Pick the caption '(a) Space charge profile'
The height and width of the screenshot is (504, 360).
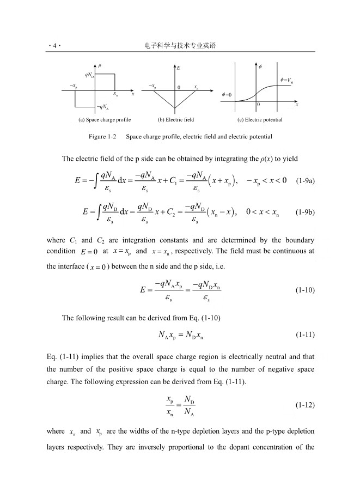[x=104, y=119]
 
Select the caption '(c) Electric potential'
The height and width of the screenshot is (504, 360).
[x=259, y=119]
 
